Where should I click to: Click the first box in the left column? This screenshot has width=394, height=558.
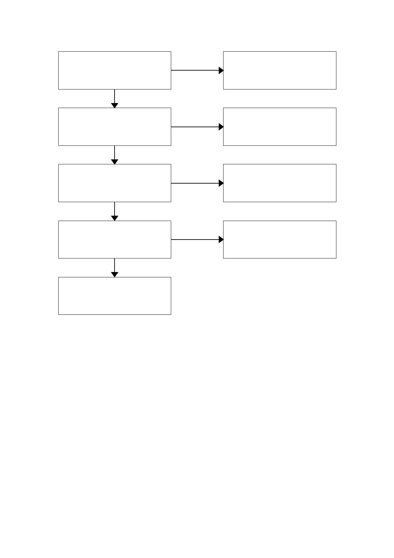(x=115, y=70)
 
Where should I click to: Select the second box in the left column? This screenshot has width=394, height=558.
(x=115, y=127)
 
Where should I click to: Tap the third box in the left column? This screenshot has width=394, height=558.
(x=115, y=183)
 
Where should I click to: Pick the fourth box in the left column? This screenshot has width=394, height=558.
(x=115, y=239)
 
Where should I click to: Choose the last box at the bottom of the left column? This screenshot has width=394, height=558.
(x=115, y=296)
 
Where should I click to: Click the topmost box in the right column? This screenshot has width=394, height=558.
(x=279, y=70)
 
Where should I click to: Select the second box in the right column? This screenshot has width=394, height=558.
(x=279, y=127)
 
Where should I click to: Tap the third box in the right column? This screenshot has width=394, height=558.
(x=279, y=183)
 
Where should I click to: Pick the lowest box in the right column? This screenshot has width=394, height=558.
(x=279, y=239)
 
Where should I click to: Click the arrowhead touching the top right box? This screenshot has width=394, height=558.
(x=221, y=70)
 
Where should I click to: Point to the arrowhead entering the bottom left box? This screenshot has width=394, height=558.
(x=115, y=274)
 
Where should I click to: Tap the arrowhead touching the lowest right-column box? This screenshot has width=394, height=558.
(x=221, y=239)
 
